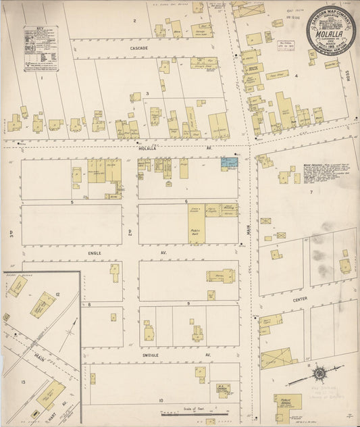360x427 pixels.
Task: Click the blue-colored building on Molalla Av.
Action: point(230,163)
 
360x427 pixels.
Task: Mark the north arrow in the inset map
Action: point(70,332)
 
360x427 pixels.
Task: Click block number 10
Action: point(161,401)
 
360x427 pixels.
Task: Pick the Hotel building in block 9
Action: point(220,276)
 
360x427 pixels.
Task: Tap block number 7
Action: point(311,192)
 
